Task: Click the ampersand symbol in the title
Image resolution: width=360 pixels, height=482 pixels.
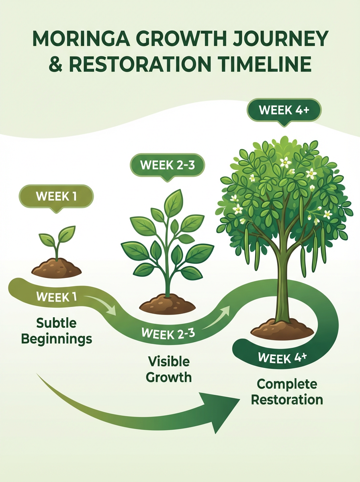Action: pyautogui.click(x=55, y=64)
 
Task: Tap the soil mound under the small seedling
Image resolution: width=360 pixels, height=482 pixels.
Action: pyautogui.click(x=56, y=268)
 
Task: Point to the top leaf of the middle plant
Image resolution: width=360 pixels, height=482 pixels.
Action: pyautogui.click(x=174, y=203)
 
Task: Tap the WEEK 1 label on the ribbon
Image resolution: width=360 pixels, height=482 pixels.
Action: pyautogui.click(x=56, y=297)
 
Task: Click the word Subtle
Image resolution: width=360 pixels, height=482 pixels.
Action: pyautogui.click(x=56, y=323)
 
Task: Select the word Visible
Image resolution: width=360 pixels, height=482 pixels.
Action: pyautogui.click(x=169, y=361)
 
